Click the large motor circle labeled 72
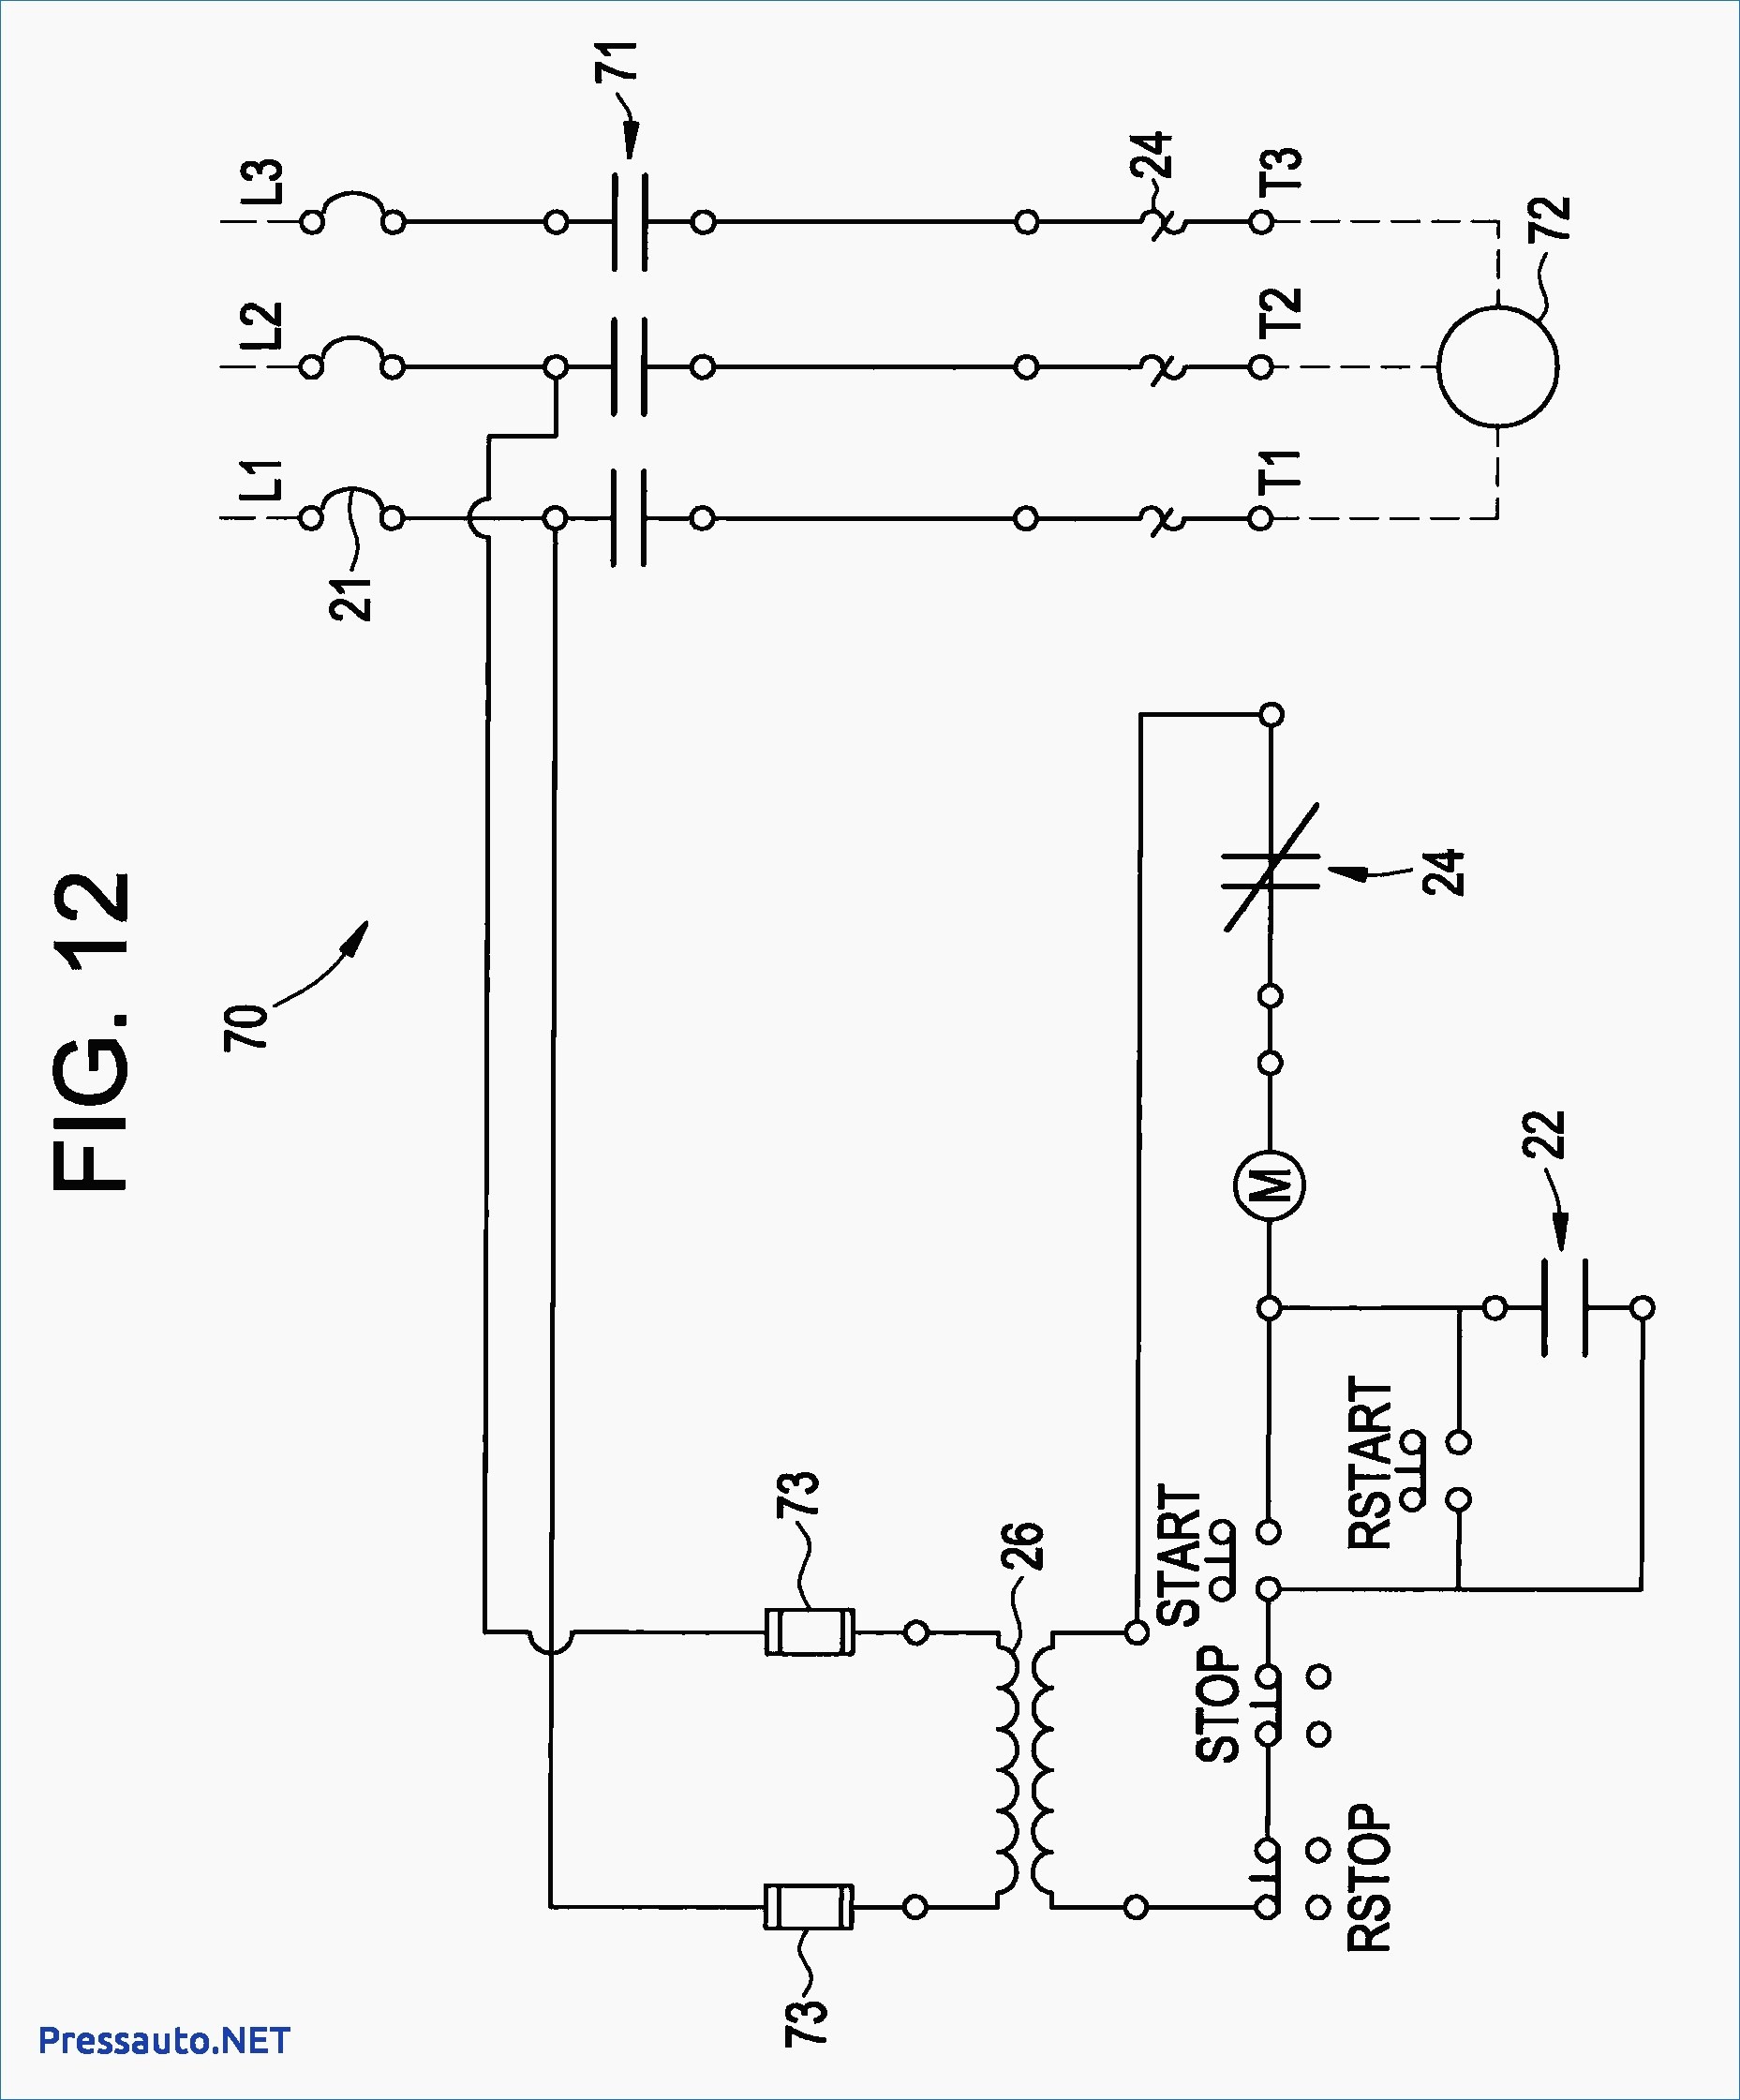coord(1497,366)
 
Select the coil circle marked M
coord(1269,1186)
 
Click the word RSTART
coord(1370,1464)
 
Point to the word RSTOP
coord(1369,1879)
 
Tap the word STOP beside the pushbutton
coord(1218,1705)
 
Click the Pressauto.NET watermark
coord(164,2040)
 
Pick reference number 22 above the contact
coord(1544,1134)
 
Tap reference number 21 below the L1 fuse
coord(351,598)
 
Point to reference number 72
coord(1550,218)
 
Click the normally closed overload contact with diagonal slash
coord(1271,867)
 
